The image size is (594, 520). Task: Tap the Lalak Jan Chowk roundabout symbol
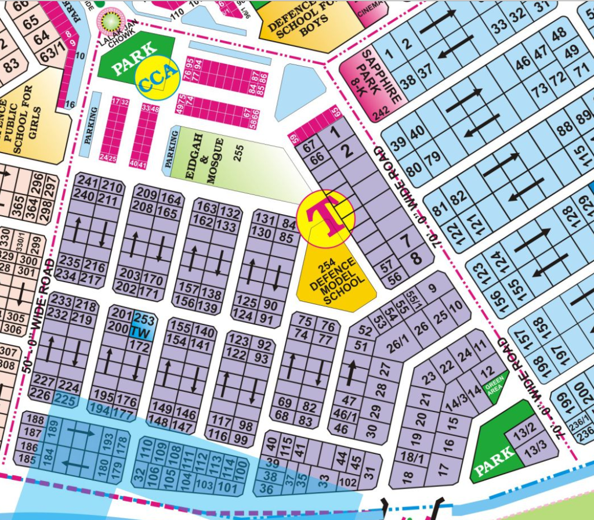(108, 20)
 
